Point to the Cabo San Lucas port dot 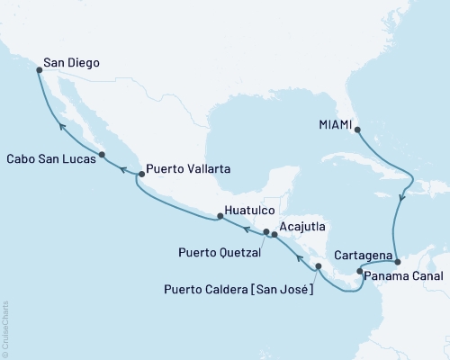click(102, 155)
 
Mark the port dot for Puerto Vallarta click(139, 174)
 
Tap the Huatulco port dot click(220, 216)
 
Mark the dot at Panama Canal click(359, 271)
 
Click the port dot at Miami click(357, 129)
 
